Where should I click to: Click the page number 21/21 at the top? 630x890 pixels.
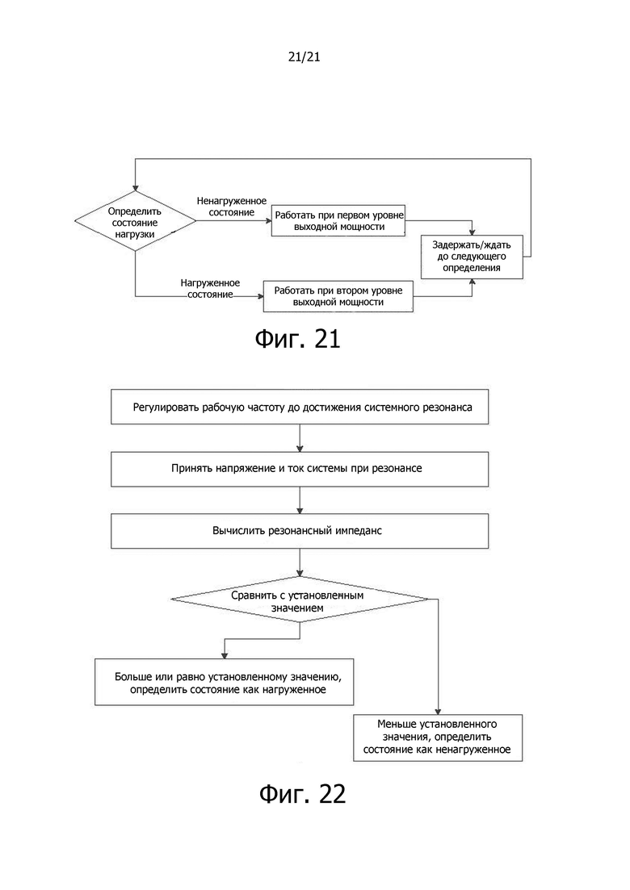(x=304, y=56)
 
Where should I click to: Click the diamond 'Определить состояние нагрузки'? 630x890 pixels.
(x=135, y=222)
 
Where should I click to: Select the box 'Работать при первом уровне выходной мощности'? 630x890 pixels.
(x=338, y=221)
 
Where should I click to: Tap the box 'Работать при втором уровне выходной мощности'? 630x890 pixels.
(x=338, y=296)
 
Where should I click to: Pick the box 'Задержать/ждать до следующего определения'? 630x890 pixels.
(x=472, y=257)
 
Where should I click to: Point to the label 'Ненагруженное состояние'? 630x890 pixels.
(x=232, y=207)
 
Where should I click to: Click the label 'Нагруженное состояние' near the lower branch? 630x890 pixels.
(x=210, y=288)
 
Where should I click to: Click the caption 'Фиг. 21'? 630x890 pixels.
(x=297, y=339)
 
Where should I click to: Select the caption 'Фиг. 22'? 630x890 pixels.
(x=302, y=793)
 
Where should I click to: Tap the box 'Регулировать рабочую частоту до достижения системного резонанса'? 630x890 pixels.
(x=300, y=407)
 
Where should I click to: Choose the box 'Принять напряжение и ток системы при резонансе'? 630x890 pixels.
(x=300, y=469)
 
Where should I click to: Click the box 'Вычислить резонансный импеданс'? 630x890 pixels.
(x=300, y=531)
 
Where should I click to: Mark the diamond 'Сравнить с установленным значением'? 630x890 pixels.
(x=300, y=600)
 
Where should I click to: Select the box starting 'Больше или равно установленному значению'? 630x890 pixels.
(x=225, y=683)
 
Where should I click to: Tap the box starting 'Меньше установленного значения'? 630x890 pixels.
(x=438, y=737)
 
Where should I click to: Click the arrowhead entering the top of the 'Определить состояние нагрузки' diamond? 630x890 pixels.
(x=135, y=188)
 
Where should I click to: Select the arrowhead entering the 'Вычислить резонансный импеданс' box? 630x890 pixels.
(x=300, y=510)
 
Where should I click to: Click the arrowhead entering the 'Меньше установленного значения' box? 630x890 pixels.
(x=438, y=710)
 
